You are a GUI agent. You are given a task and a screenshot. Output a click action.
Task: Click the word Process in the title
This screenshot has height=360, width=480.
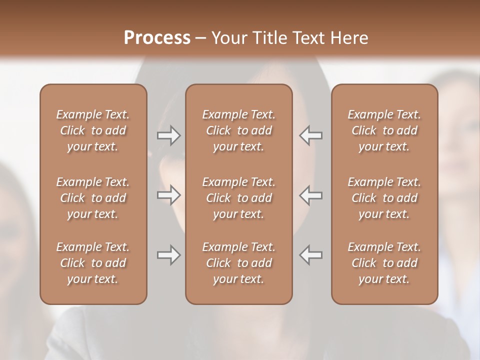click(157, 38)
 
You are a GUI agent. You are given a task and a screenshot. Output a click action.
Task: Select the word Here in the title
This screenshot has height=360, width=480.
click(349, 38)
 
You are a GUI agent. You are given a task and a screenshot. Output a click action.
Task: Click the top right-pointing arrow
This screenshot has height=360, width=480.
click(168, 135)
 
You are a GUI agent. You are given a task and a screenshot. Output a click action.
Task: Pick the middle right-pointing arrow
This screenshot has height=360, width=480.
click(168, 195)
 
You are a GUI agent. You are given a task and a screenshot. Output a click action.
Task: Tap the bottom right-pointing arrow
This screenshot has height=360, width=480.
click(168, 255)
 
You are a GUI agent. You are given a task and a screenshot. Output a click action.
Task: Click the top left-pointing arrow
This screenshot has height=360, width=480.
click(311, 135)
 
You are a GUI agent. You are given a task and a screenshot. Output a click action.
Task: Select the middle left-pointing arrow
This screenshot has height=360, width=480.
click(311, 195)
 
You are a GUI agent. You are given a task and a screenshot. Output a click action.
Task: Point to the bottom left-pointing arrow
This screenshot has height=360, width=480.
click(311, 255)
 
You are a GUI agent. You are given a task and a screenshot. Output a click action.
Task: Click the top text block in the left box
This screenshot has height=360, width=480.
click(93, 130)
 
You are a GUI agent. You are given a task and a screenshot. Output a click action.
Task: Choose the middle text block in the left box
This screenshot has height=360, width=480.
click(93, 198)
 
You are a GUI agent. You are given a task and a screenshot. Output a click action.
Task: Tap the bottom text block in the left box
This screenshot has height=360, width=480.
click(93, 263)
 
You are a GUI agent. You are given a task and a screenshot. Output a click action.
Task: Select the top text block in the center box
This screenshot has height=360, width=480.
click(238, 130)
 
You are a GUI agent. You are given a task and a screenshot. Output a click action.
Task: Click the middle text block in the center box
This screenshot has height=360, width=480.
click(238, 198)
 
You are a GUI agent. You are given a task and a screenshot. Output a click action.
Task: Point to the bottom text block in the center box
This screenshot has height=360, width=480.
click(238, 263)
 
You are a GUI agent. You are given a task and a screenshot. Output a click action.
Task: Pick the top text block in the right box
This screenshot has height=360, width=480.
click(384, 130)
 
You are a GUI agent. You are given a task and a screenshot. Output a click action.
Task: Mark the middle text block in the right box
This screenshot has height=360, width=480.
click(384, 198)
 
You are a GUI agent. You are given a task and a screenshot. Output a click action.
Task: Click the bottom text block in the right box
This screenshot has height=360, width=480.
click(384, 263)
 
